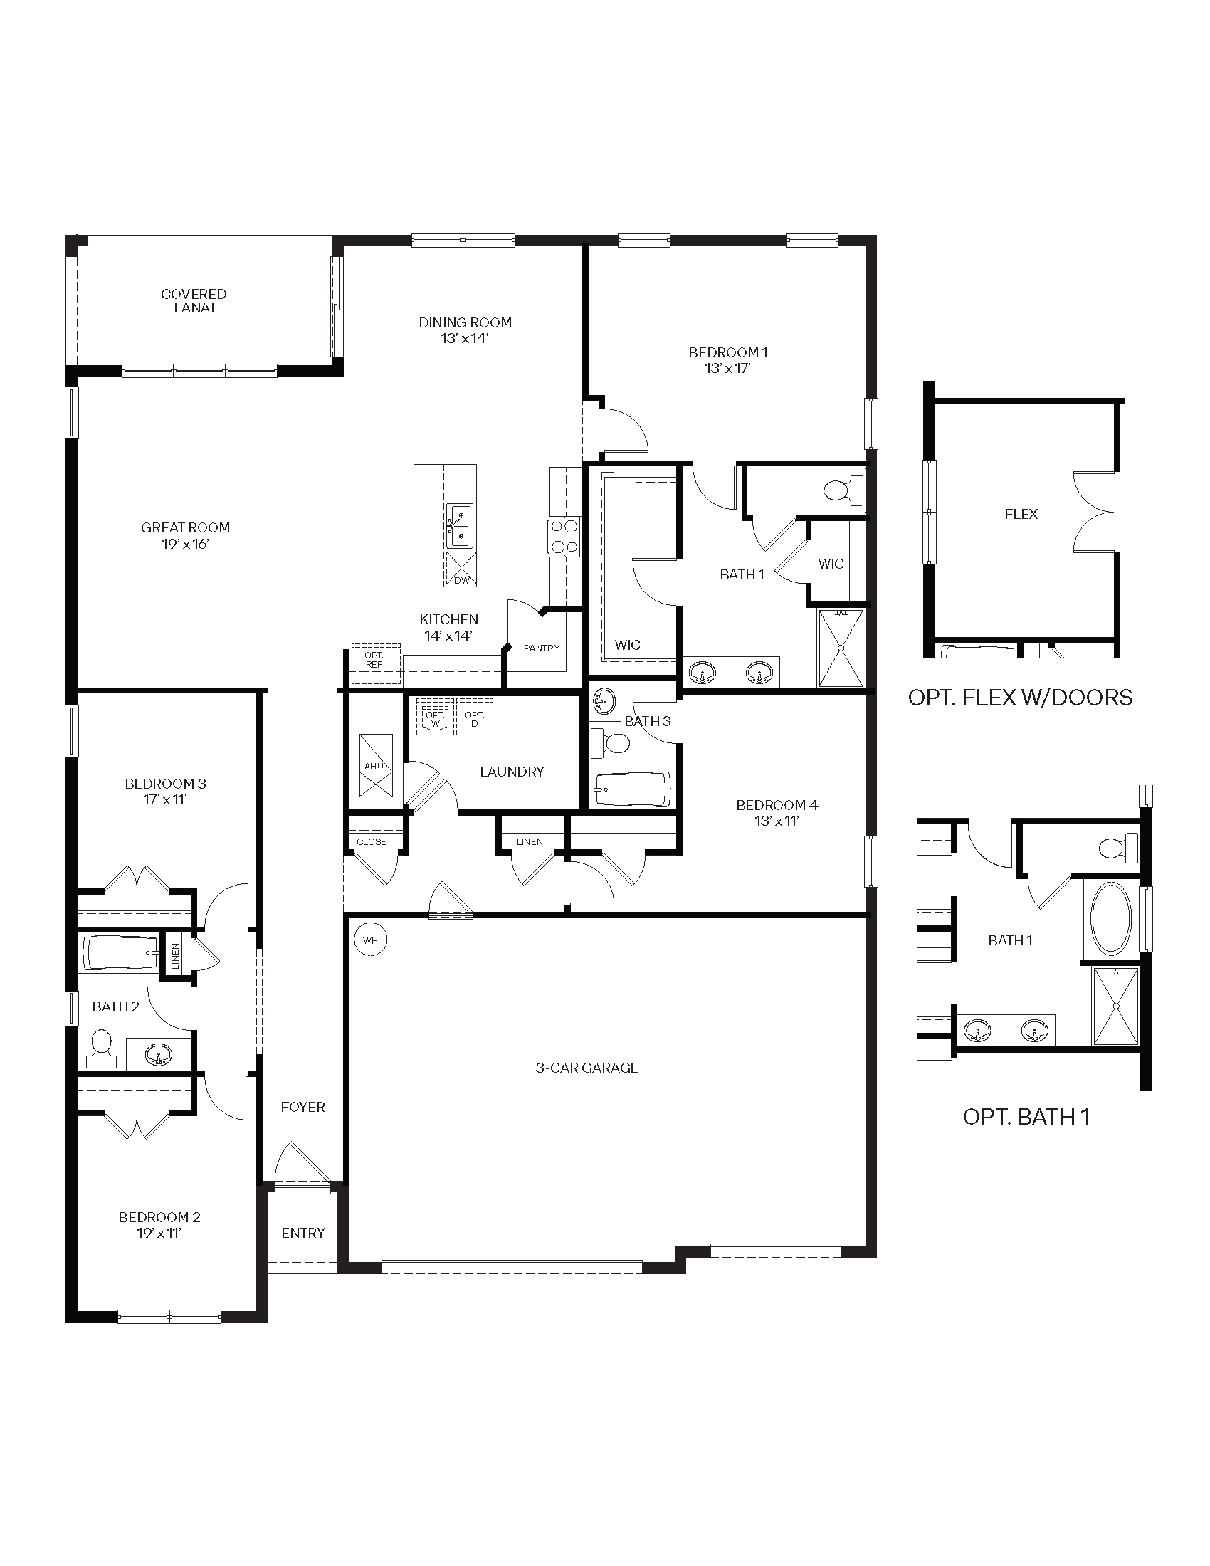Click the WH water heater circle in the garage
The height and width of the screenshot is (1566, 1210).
370,940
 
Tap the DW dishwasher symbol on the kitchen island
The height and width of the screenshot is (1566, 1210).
462,569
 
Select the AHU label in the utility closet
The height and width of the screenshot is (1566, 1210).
374,767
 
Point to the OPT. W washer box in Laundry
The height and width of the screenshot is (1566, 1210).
435,717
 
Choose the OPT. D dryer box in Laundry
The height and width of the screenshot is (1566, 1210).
475,717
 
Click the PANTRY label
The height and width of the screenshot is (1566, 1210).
541,648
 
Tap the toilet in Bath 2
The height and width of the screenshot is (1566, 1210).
100,1049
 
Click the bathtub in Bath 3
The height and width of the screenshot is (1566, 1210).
631,789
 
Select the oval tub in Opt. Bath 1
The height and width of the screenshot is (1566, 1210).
1111,918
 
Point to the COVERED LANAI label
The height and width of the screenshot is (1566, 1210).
194,300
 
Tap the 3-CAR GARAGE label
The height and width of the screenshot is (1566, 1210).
586,1068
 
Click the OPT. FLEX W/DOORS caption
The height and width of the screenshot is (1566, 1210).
1020,698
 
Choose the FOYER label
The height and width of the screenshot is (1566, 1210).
302,1107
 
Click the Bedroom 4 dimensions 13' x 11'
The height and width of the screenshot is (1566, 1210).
777,821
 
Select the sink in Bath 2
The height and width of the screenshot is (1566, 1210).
158,1055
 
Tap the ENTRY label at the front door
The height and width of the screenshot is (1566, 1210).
302,1233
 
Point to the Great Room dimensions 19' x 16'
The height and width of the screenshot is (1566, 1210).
185,544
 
